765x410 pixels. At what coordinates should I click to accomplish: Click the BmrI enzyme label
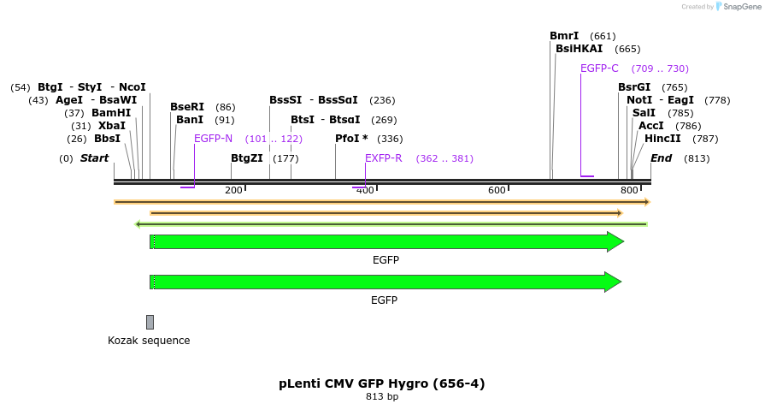[x=564, y=36]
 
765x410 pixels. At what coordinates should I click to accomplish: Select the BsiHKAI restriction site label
[x=579, y=49]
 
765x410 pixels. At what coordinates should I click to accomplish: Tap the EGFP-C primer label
[x=599, y=68]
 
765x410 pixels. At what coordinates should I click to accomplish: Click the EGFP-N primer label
[x=213, y=139]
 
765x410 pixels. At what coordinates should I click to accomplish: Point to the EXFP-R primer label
[x=383, y=158]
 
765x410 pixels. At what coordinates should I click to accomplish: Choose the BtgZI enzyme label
[x=247, y=158]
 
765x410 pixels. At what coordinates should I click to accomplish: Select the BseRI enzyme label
[x=187, y=107]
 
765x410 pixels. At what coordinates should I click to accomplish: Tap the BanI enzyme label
[x=190, y=120]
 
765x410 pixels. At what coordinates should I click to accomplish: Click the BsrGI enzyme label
[x=634, y=87]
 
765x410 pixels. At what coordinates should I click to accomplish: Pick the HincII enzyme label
[x=662, y=139]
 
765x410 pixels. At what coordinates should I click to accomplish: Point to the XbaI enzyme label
[x=112, y=126]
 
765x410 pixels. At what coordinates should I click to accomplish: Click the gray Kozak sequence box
[x=150, y=322]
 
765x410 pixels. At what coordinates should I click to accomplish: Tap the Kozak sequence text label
[x=149, y=341]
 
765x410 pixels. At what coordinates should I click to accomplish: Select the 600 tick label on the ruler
[x=497, y=190]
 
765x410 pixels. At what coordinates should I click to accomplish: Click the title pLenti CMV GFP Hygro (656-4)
[x=382, y=383]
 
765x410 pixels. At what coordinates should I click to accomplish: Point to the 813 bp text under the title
[x=382, y=397]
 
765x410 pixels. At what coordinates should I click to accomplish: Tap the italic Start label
[x=94, y=158]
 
